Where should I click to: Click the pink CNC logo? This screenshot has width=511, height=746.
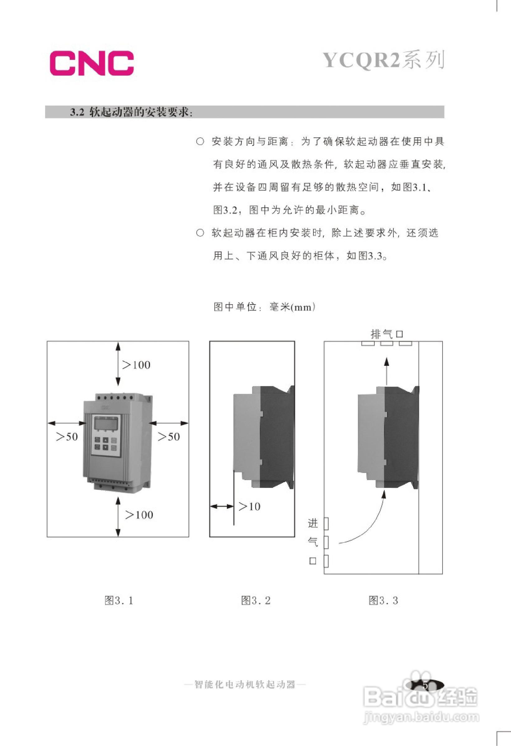[x=92, y=63]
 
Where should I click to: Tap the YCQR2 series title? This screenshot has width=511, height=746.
[x=384, y=60]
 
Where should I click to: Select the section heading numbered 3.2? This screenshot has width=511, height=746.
[x=131, y=112]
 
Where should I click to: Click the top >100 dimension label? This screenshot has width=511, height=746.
[x=136, y=365]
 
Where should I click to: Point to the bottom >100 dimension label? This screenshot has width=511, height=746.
[x=139, y=515]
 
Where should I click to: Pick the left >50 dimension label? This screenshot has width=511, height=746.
[x=67, y=437]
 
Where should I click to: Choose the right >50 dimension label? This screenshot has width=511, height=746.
[x=169, y=437]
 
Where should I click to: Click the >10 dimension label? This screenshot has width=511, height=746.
[x=249, y=507]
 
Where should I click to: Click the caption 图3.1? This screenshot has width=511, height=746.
[x=119, y=600]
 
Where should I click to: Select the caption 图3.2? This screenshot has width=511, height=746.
[x=256, y=600]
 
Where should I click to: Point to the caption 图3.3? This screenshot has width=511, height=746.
[x=383, y=600]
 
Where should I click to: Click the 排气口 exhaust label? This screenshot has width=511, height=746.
[x=387, y=334]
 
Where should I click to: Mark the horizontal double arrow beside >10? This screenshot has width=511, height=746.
[x=222, y=507]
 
